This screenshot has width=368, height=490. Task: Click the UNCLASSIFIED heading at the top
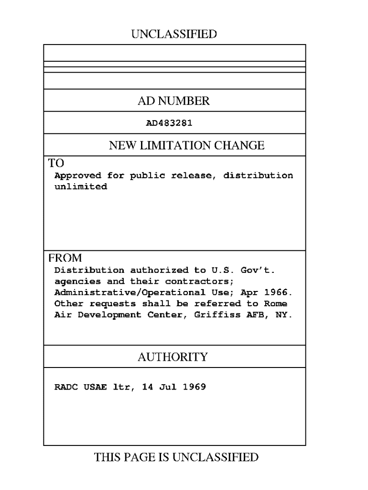click(x=173, y=34)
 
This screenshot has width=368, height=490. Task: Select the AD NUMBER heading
click(x=173, y=101)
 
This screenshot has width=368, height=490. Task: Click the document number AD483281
click(x=169, y=123)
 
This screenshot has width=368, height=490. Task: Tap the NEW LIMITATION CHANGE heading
click(x=186, y=145)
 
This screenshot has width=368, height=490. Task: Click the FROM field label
click(x=65, y=258)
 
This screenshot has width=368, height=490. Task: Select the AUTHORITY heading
click(x=173, y=357)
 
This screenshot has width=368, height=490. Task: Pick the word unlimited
click(x=81, y=187)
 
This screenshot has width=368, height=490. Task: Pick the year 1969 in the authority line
click(x=195, y=387)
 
